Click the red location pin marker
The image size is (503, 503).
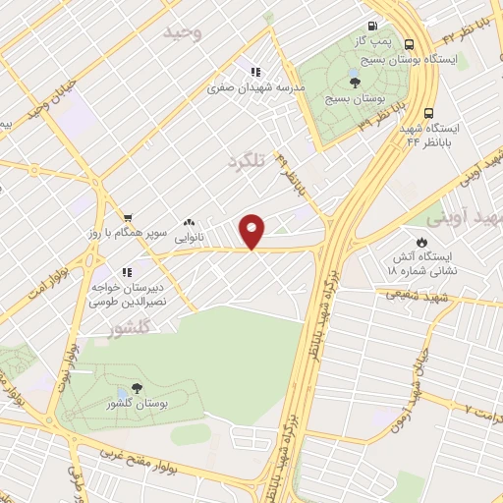click(x=253, y=232)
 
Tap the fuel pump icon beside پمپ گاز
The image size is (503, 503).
click(x=372, y=27)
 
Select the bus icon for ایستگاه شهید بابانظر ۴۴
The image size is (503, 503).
click(x=430, y=112)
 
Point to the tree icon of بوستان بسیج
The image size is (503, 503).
click(x=355, y=83)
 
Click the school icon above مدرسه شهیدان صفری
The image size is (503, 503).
click(x=255, y=71)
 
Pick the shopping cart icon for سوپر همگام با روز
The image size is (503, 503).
click(x=128, y=218)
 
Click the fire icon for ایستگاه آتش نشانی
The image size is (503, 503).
click(x=421, y=241)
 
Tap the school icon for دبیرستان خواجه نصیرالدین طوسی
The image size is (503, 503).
click(x=126, y=272)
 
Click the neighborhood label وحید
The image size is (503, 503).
click(x=183, y=33)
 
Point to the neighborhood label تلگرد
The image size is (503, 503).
click(x=248, y=159)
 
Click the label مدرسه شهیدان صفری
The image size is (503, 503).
click(x=255, y=86)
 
